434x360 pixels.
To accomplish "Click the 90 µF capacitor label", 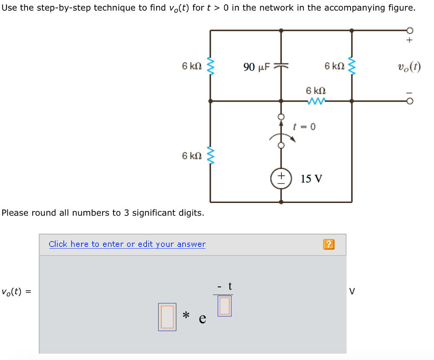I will pos(256,67).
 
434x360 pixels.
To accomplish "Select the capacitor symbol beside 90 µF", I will pos(281,66).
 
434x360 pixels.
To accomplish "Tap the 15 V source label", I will pos(312,179).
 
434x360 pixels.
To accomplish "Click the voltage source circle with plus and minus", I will pos(281,179).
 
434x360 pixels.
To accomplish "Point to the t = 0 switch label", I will pos(304,126).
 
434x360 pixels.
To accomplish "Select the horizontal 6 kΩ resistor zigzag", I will pos(317,101).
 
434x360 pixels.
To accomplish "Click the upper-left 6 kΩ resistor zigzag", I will pos(210,66).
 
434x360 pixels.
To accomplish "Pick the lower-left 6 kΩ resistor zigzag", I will pos(210,155).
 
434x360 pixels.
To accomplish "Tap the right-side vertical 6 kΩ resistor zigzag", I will pos(351,66).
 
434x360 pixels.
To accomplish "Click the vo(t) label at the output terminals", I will pos(409,67).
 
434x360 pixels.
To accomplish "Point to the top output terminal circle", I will pos(409,30).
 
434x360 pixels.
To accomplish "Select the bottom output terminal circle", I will pos(409,102).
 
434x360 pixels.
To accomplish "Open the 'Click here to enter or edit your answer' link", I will pos(127,244).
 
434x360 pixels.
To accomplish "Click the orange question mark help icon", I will pos(328,244).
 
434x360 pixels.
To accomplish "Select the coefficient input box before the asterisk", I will pos(167,317).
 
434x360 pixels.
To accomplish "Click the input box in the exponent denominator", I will pos(225,306).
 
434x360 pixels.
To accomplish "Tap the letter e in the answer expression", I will pos(203,318).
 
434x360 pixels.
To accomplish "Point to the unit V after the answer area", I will pos(352,291).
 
